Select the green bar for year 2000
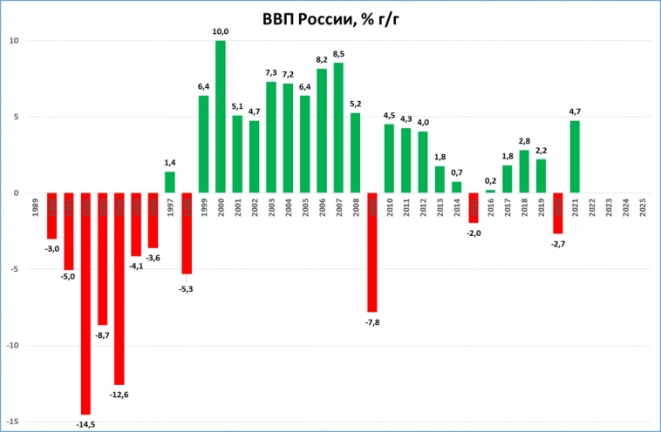pyautogui.click(x=221, y=117)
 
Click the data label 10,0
pyautogui.click(x=221, y=31)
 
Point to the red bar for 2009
pyautogui.click(x=372, y=252)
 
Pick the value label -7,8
pyautogui.click(x=372, y=322)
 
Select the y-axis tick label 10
pyautogui.click(x=15, y=41)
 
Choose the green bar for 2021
pyautogui.click(x=576, y=157)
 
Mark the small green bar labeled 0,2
pyautogui.click(x=490, y=191)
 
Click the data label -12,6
pyautogui.click(x=119, y=395)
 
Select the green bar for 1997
pyautogui.click(x=170, y=182)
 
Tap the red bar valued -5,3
pyautogui.click(x=187, y=233)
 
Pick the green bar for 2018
pyautogui.click(x=524, y=172)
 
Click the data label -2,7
pyautogui.click(x=558, y=245)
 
